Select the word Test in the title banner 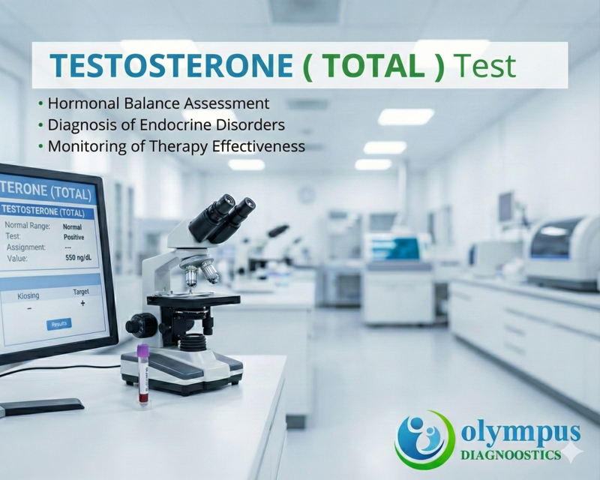pyautogui.click(x=488, y=66)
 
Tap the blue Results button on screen pyautogui.click(x=59, y=324)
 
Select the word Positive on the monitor pyautogui.click(x=73, y=236)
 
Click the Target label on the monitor pyautogui.click(x=81, y=291)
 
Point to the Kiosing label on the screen pyautogui.click(x=28, y=296)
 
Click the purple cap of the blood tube pyautogui.click(x=142, y=350)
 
